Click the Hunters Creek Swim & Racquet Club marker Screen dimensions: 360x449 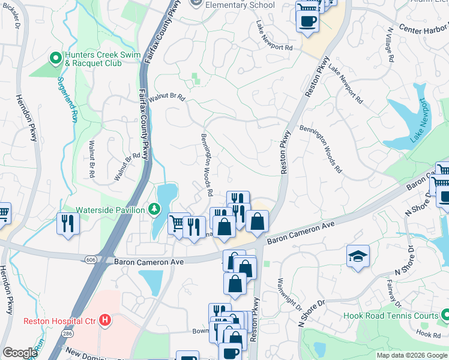pos(56,58)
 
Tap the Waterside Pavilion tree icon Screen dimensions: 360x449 pos(155,209)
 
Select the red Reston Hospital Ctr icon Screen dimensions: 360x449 pos(105,320)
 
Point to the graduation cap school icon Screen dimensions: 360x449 pos(357,256)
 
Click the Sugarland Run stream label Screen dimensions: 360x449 pos(68,99)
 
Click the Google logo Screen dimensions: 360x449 pos(20,353)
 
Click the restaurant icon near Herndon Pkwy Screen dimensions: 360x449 pos(67,224)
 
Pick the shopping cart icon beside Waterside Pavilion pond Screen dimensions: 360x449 pos(177,224)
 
